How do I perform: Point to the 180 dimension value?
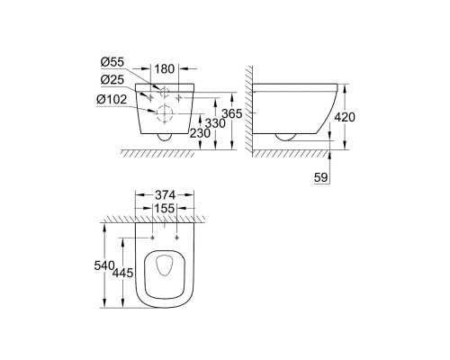[x=162, y=67]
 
